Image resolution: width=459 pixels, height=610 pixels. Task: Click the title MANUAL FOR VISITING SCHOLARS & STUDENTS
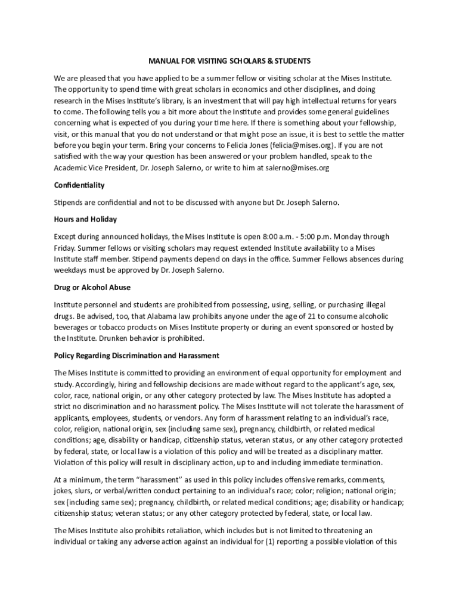[229, 61]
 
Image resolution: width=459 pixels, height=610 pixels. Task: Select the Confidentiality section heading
[79, 185]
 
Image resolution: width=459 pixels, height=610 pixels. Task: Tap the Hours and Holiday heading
[85, 219]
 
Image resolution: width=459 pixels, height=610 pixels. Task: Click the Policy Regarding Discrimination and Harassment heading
[137, 356]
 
